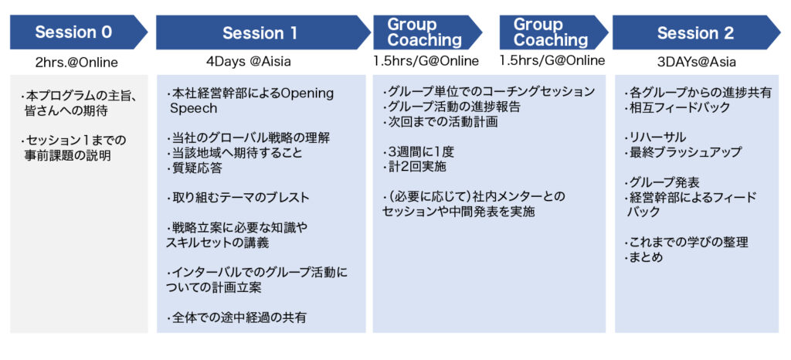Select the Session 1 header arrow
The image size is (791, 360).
click(x=263, y=32)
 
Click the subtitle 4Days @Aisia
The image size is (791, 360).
click(x=249, y=62)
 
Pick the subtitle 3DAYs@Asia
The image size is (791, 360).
click(x=696, y=62)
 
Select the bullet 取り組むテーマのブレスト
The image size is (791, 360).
click(x=238, y=197)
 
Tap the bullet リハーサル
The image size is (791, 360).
click(x=655, y=138)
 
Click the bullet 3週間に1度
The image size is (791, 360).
click(x=415, y=152)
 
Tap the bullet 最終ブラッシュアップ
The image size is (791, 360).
click(x=684, y=151)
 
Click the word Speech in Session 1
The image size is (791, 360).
click(x=193, y=108)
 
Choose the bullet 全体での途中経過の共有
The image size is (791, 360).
click(x=236, y=318)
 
